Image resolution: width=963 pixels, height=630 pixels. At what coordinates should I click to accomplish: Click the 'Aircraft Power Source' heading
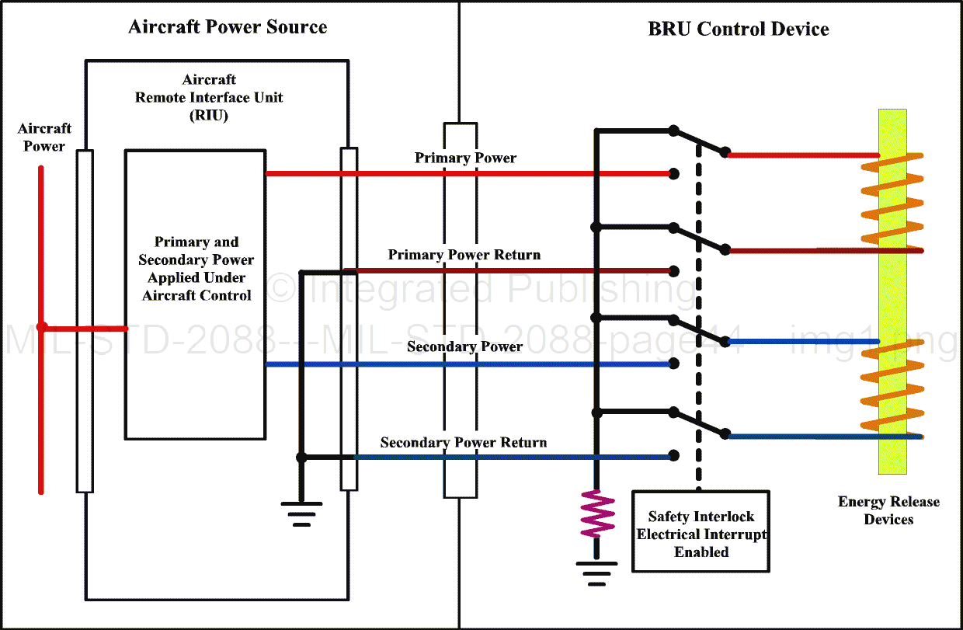(228, 27)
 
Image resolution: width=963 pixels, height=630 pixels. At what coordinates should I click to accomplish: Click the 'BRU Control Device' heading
(738, 30)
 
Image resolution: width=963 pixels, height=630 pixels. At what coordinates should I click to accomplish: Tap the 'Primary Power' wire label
(465, 158)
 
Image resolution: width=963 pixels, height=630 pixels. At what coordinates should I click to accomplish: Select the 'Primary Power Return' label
(464, 255)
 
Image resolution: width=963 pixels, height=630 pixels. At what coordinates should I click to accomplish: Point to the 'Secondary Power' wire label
(464, 346)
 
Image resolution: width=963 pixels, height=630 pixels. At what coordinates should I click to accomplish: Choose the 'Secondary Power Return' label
(464, 443)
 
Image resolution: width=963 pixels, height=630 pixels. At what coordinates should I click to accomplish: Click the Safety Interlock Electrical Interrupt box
(701, 534)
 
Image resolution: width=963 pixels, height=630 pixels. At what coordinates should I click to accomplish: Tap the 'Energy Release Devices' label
(888, 510)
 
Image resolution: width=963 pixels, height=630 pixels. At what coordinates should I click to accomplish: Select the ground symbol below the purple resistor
(596, 573)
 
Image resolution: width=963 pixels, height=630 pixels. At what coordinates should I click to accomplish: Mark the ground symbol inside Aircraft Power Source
(301, 513)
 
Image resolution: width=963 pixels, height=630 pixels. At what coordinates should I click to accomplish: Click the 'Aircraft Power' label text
(44, 137)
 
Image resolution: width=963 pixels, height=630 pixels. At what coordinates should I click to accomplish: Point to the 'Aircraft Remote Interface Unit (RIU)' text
(209, 97)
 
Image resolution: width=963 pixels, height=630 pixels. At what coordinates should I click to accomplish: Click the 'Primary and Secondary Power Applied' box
(196, 294)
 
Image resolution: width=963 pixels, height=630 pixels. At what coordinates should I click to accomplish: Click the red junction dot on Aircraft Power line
(42, 327)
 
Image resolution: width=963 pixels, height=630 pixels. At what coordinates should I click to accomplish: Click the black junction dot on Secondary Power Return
(302, 457)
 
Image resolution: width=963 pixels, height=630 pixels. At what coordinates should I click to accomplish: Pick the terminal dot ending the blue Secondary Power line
(674, 364)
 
